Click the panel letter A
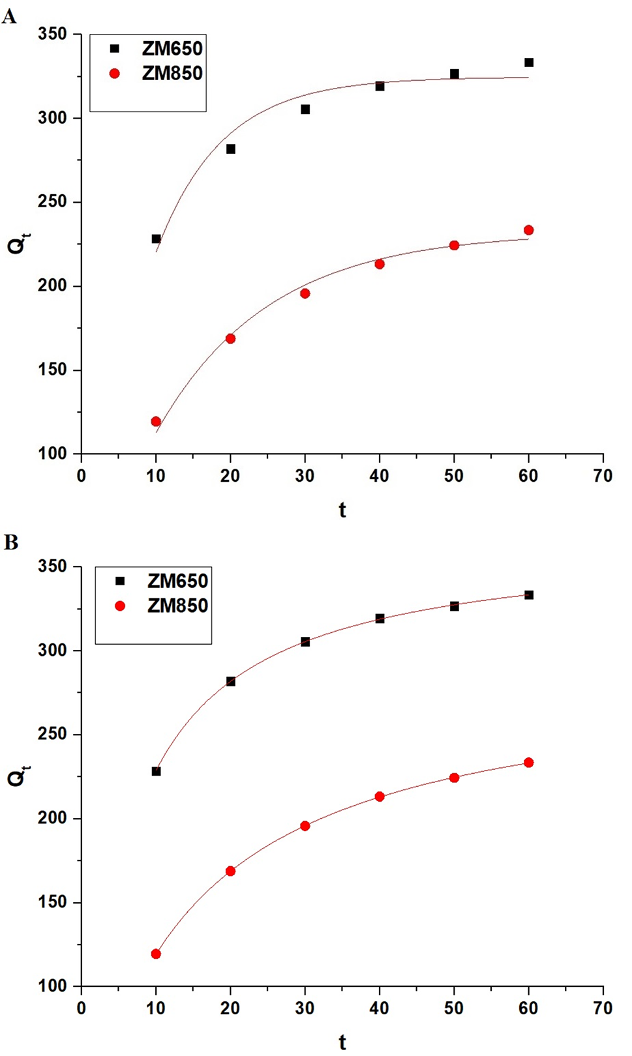click(x=9, y=16)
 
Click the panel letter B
click(x=10, y=542)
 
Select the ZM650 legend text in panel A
click(x=172, y=48)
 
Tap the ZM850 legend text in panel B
click(x=177, y=606)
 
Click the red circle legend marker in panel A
click(x=115, y=74)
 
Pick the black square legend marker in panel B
click(x=120, y=581)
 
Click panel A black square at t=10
click(x=156, y=239)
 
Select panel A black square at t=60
click(x=529, y=63)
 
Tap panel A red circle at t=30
click(x=305, y=294)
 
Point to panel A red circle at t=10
click(x=156, y=422)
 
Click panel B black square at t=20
click(x=230, y=681)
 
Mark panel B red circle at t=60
click(x=528, y=763)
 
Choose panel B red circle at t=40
click(x=380, y=797)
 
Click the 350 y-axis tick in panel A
click(x=52, y=34)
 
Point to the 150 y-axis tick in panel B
click(x=52, y=902)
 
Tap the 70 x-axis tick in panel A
click(x=603, y=476)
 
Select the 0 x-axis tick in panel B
click(x=81, y=1008)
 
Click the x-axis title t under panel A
click(x=342, y=510)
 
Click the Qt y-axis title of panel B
click(x=18, y=776)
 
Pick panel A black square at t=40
click(x=380, y=86)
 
